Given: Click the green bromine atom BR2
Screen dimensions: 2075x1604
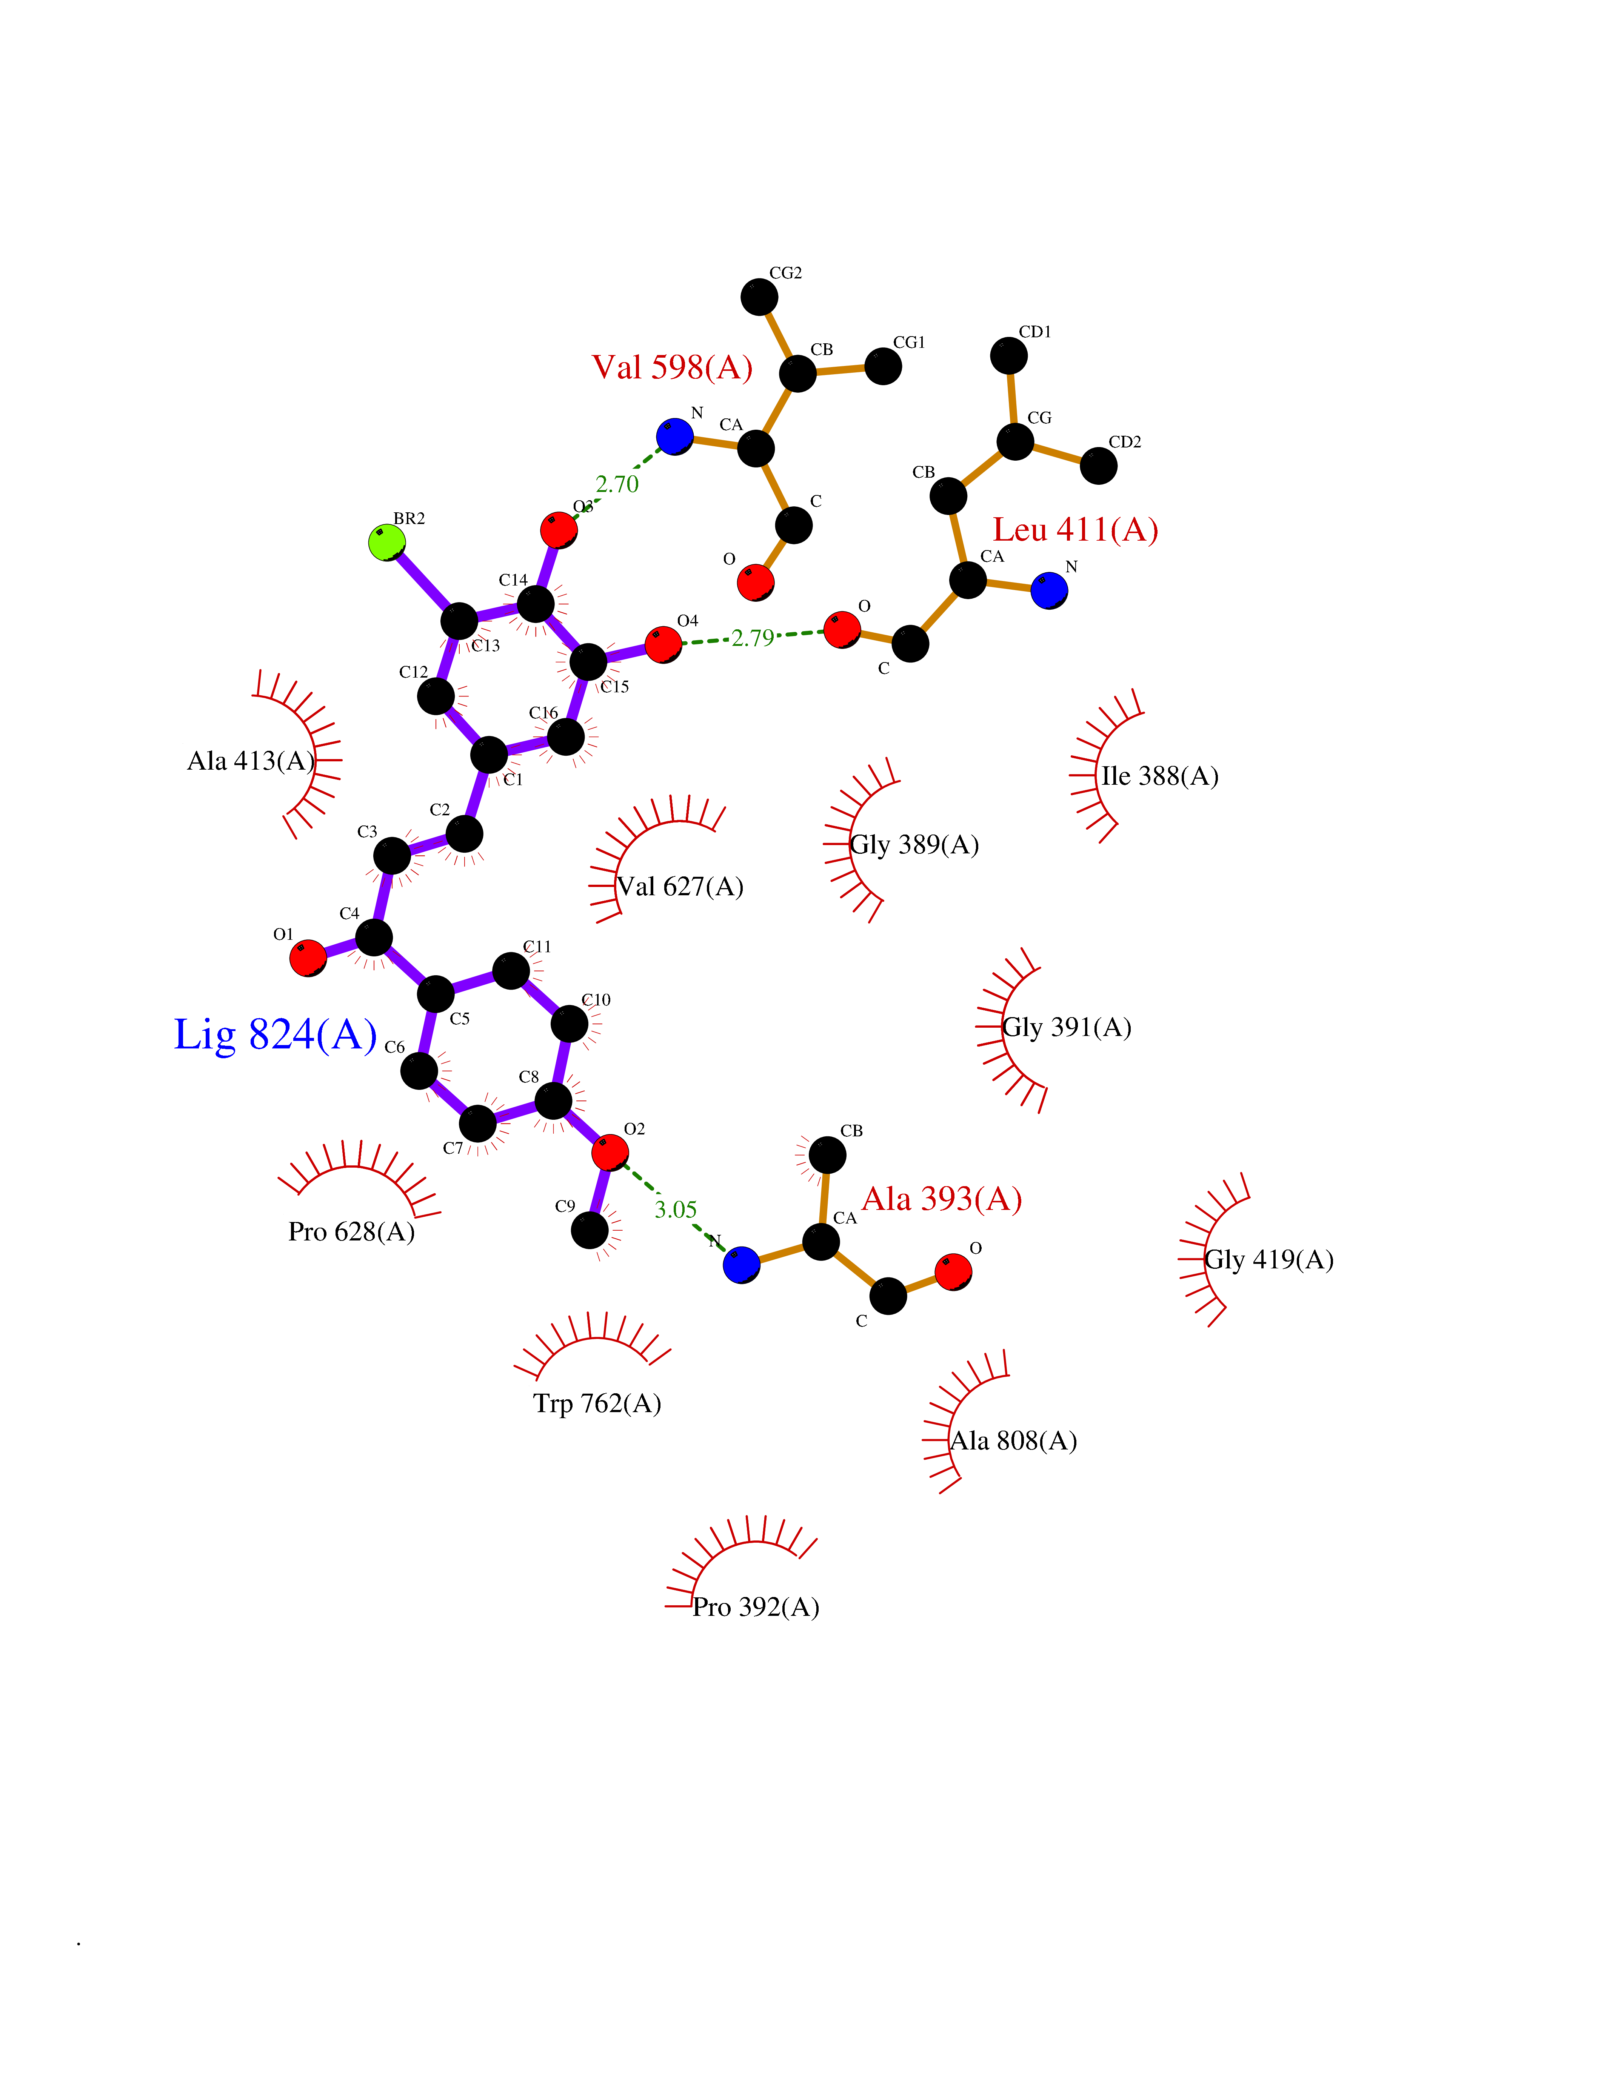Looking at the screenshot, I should point(387,543).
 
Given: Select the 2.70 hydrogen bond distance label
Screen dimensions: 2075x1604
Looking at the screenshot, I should point(617,484).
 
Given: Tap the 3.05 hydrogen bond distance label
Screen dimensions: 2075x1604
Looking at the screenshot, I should point(676,1210).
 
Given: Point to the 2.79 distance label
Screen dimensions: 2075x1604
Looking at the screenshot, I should point(753,638).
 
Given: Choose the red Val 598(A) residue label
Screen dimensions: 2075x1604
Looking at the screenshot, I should point(672,367).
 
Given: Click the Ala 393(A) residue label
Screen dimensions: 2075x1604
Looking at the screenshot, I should point(941,1199).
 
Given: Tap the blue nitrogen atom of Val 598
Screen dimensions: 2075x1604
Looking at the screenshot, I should point(675,436).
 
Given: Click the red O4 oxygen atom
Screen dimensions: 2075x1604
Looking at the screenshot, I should point(662,644).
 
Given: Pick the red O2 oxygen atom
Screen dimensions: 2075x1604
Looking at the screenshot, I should point(609,1153).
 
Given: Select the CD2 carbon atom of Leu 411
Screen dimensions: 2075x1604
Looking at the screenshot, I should point(1099,466).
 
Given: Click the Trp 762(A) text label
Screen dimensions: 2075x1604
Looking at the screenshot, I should point(597,1403).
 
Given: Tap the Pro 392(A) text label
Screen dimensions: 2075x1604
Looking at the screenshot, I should point(756,1606).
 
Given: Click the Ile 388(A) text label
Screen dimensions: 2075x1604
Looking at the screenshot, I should point(1159,776).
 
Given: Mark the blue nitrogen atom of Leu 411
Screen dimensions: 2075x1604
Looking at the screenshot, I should point(1049,590).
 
